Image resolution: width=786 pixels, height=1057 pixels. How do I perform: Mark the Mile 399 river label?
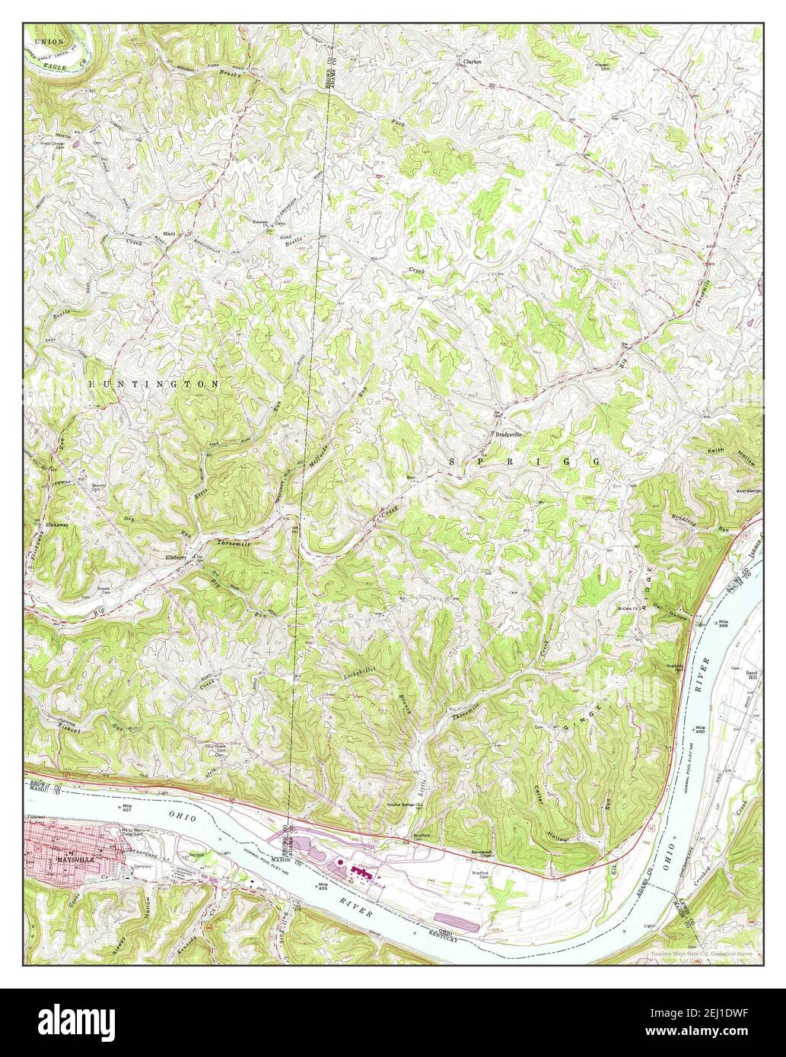[x=722, y=623]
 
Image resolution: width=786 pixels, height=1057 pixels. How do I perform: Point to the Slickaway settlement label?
[x=56, y=524]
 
